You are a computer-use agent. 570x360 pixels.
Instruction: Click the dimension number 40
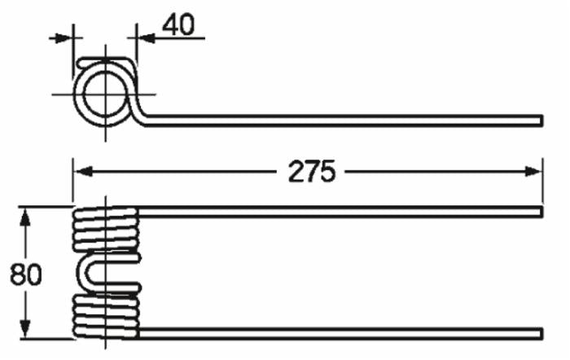(x=178, y=25)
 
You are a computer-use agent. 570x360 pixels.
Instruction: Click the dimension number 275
(x=312, y=172)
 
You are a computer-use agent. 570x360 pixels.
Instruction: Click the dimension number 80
(x=26, y=274)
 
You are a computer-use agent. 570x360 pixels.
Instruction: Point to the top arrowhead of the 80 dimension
(x=26, y=214)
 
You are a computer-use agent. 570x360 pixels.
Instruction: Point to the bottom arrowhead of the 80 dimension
(x=26, y=333)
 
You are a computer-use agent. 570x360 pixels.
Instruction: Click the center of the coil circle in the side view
(x=103, y=94)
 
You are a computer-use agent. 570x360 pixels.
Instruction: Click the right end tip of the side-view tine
(x=540, y=121)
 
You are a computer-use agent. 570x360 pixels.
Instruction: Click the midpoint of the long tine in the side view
(x=342, y=121)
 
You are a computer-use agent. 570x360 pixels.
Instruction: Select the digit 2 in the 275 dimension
(x=296, y=172)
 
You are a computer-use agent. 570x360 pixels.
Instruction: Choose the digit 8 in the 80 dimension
(x=18, y=274)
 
